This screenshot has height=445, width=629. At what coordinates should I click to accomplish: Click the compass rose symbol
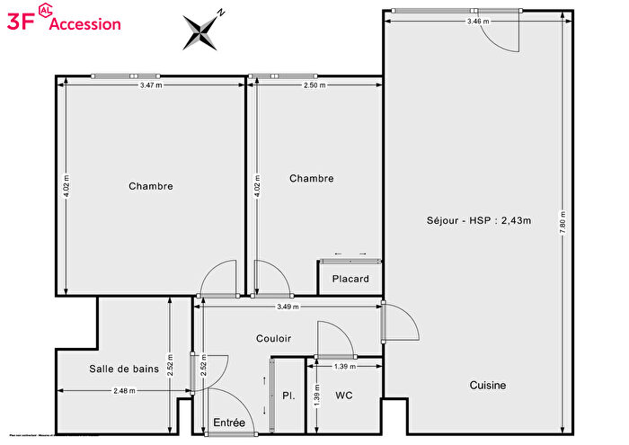click(x=202, y=31)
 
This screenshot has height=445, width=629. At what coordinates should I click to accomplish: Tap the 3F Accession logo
click(x=63, y=22)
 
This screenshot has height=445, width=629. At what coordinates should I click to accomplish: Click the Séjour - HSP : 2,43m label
click(x=479, y=221)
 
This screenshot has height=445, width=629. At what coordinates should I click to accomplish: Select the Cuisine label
click(x=488, y=385)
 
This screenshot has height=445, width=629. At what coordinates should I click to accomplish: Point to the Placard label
click(x=350, y=279)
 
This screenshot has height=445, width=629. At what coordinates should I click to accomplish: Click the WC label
click(x=344, y=396)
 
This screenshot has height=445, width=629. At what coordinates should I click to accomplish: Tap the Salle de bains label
click(x=124, y=369)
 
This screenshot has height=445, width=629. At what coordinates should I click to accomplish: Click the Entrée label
click(x=229, y=423)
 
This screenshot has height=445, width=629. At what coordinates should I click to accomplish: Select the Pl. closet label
click(x=288, y=396)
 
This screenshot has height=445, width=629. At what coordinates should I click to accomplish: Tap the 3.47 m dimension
click(x=152, y=85)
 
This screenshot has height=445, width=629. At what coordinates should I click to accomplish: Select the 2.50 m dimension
click(x=314, y=85)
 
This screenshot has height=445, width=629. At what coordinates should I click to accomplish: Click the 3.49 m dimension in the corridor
click(x=288, y=307)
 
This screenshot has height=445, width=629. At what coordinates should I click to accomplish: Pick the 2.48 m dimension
click(x=125, y=390)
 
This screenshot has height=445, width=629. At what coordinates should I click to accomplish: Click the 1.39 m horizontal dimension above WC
click(x=344, y=367)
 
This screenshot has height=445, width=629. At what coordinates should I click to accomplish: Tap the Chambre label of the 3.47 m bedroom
click(x=151, y=186)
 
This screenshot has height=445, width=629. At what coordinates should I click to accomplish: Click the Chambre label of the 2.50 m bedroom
click(x=311, y=178)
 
